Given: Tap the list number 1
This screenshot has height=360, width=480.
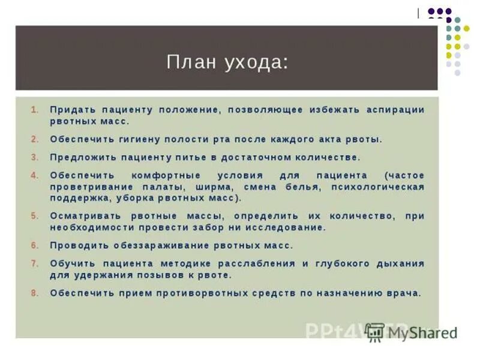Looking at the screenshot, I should click(35, 110).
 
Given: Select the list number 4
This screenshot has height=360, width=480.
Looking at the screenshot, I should click(35, 175).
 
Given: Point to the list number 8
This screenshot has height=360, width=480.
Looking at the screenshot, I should click(35, 293).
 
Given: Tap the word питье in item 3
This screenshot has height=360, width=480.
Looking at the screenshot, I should click(193, 157).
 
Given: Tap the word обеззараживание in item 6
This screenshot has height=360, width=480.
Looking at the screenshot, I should click(161, 245).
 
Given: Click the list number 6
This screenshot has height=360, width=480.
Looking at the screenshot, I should click(35, 245).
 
